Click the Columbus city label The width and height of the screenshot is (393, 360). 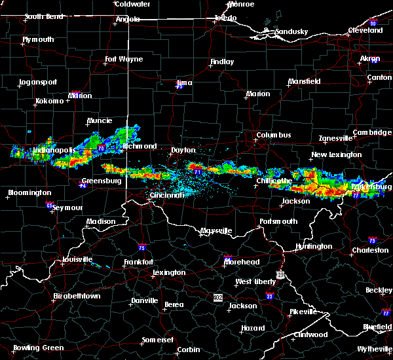tap(274, 135)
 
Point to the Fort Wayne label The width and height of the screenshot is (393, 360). tap(124, 60)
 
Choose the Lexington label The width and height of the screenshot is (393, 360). tap(169, 273)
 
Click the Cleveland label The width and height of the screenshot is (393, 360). tap(365, 31)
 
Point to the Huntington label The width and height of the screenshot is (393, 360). tap(314, 247)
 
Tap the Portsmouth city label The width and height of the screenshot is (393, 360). tap(278, 221)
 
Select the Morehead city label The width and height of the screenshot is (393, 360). tap(242, 262)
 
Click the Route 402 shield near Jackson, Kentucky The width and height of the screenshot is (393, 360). tap(217, 297)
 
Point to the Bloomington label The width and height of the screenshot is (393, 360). tap(29, 193)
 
